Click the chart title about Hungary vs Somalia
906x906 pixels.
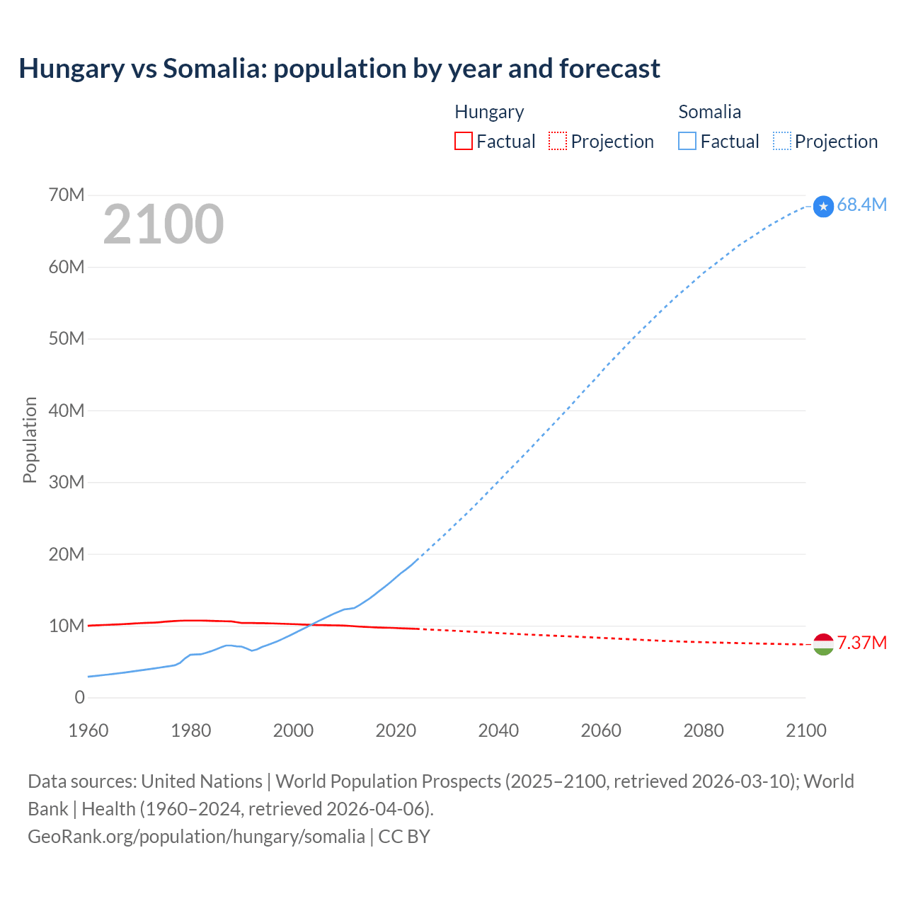(339, 69)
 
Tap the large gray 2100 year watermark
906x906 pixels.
(164, 224)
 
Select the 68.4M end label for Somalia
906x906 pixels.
(861, 205)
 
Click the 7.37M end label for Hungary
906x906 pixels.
(861, 643)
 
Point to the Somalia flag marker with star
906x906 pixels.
(823, 207)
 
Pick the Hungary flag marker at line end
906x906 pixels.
(823, 644)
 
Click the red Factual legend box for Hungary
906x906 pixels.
(464, 141)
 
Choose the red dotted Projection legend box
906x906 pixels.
(558, 141)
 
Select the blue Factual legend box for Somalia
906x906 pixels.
(687, 141)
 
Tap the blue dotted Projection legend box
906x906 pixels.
(782, 141)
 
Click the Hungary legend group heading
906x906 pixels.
(489, 112)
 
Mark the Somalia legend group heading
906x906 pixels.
(709, 112)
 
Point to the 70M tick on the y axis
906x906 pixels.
(67, 195)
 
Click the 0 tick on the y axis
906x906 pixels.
(79, 697)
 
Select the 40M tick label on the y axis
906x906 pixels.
(67, 411)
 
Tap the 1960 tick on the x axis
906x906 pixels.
(88, 730)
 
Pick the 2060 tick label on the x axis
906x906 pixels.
(601, 730)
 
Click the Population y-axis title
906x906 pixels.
(30, 440)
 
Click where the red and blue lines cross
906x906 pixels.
(311, 624)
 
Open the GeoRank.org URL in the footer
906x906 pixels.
(196, 837)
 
